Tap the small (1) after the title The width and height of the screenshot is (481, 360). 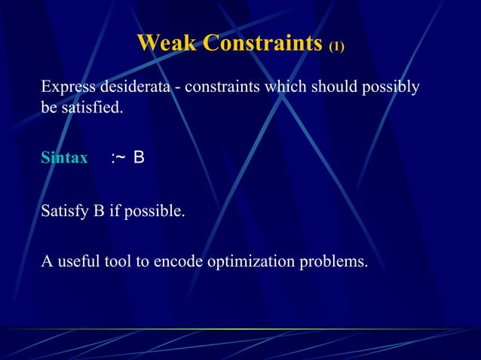[336, 47]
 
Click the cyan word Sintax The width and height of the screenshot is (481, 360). [64, 159]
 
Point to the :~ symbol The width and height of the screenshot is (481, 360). [118, 158]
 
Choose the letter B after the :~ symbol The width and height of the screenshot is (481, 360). [139, 158]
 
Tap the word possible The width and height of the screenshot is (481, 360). [155, 211]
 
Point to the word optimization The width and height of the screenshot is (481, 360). [251, 261]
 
